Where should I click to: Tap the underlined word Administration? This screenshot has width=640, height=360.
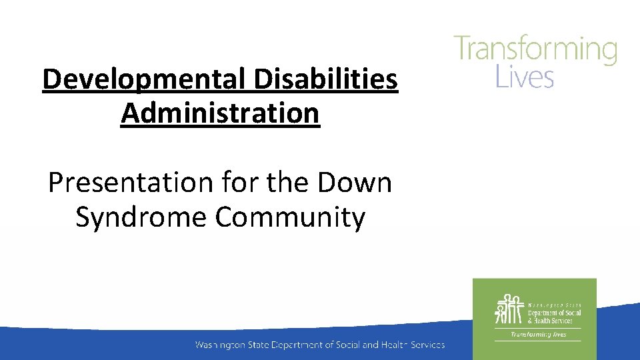(220, 113)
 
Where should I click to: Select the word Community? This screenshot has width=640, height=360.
(290, 217)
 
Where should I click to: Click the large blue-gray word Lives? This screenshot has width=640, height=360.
(525, 77)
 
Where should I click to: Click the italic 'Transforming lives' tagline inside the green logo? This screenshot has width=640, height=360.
(538, 334)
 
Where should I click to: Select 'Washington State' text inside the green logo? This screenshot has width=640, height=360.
(554, 305)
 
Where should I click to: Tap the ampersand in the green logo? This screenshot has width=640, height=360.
(531, 321)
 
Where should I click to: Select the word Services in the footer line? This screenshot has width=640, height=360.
(426, 345)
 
